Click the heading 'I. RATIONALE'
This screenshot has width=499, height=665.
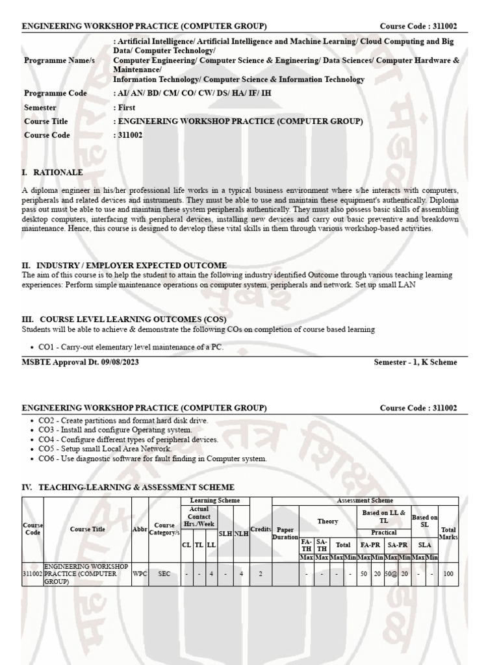53,173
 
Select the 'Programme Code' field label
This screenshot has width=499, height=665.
55,94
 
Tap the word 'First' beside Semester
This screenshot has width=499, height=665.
126,108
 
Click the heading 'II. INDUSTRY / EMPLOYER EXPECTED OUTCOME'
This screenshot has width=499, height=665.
125,266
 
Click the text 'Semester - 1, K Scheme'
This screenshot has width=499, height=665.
415,362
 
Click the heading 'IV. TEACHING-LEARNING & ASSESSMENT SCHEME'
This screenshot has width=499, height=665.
128,487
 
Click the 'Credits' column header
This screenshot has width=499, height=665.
261,529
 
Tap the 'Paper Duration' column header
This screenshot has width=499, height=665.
285,533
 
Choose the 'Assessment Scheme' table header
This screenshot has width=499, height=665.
365,501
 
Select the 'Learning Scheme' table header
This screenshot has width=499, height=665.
214,501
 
